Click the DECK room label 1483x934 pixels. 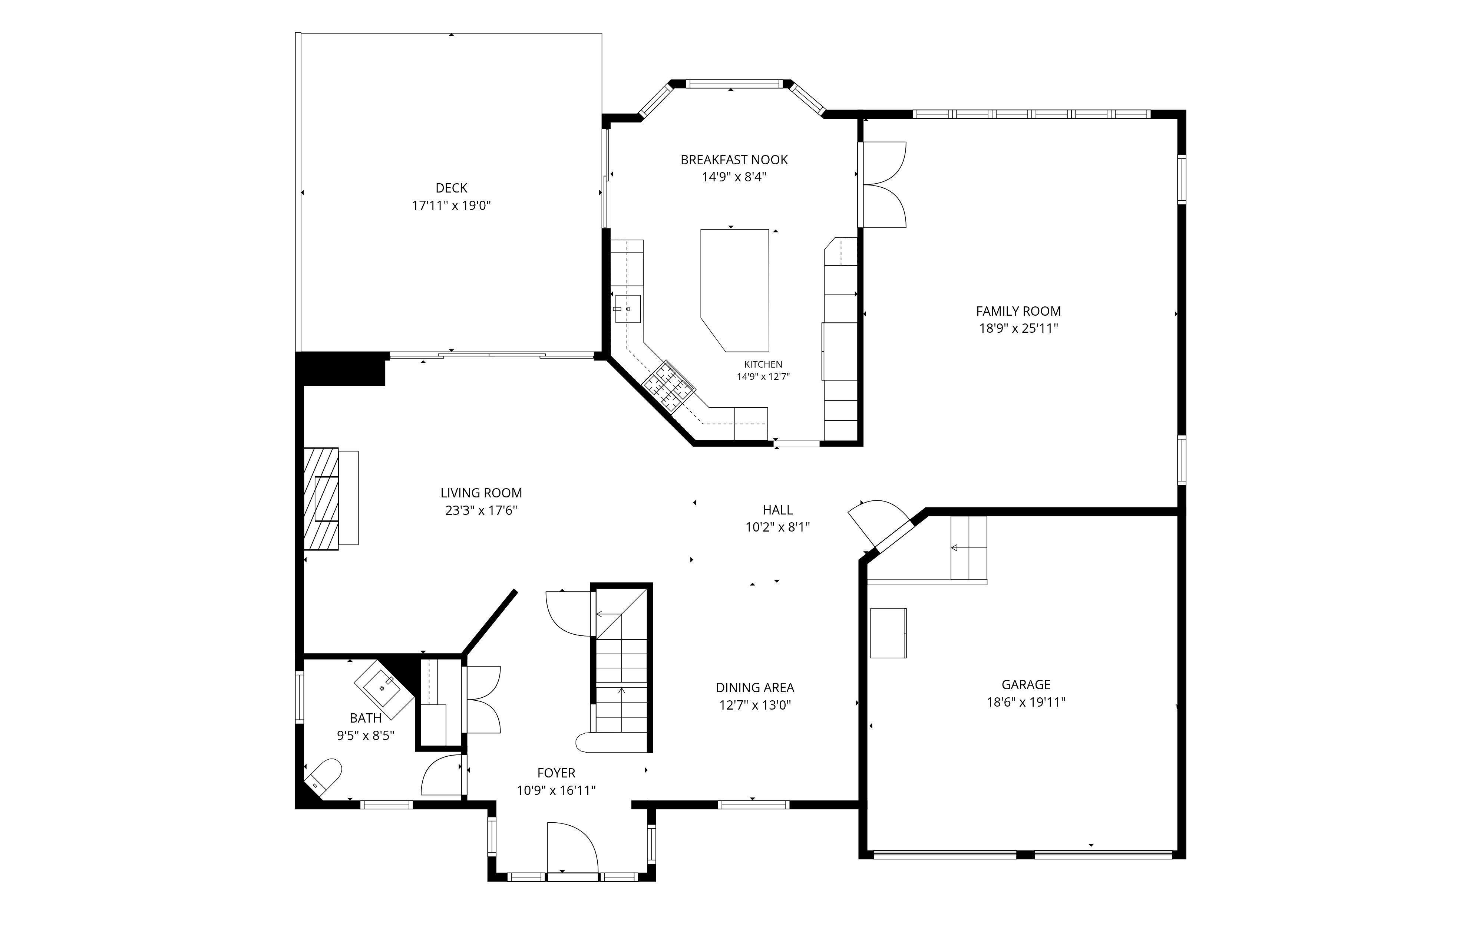(x=452, y=188)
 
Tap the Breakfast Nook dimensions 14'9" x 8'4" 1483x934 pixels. (x=734, y=177)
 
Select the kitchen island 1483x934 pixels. (x=735, y=290)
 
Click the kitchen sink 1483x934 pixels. (x=628, y=309)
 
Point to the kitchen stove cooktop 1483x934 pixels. (x=669, y=386)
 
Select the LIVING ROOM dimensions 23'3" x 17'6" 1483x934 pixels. (x=481, y=510)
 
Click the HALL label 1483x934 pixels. (x=777, y=510)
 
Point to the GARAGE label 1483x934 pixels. (x=1025, y=684)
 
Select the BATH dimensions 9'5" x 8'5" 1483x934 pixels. (x=365, y=735)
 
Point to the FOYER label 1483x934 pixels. (x=556, y=773)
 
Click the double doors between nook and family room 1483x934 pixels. (x=882, y=185)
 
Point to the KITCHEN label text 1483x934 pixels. (x=763, y=364)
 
